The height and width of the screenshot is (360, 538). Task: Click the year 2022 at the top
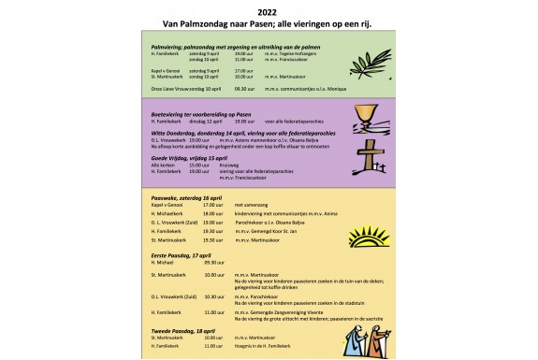[269, 11]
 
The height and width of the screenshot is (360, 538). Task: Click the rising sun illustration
[361, 234]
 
